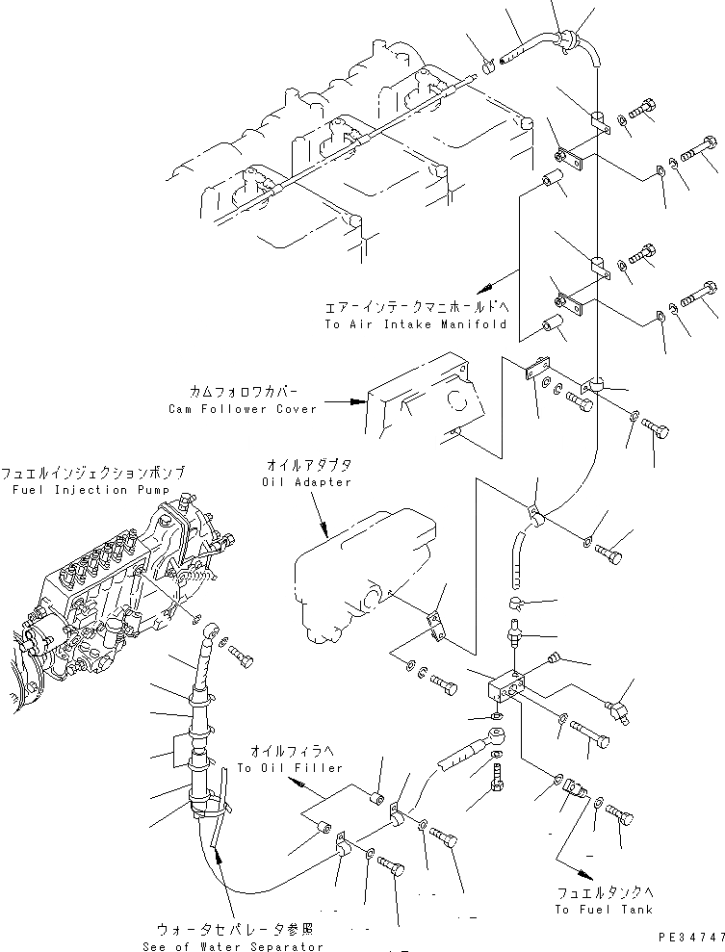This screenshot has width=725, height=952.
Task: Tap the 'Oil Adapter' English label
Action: pyautogui.click(x=308, y=482)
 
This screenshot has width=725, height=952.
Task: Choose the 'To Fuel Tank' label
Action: pyautogui.click(x=603, y=909)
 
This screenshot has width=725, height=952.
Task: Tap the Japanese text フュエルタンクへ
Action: pyautogui.click(x=603, y=891)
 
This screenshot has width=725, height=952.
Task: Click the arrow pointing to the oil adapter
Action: pyautogui.click(x=324, y=525)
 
